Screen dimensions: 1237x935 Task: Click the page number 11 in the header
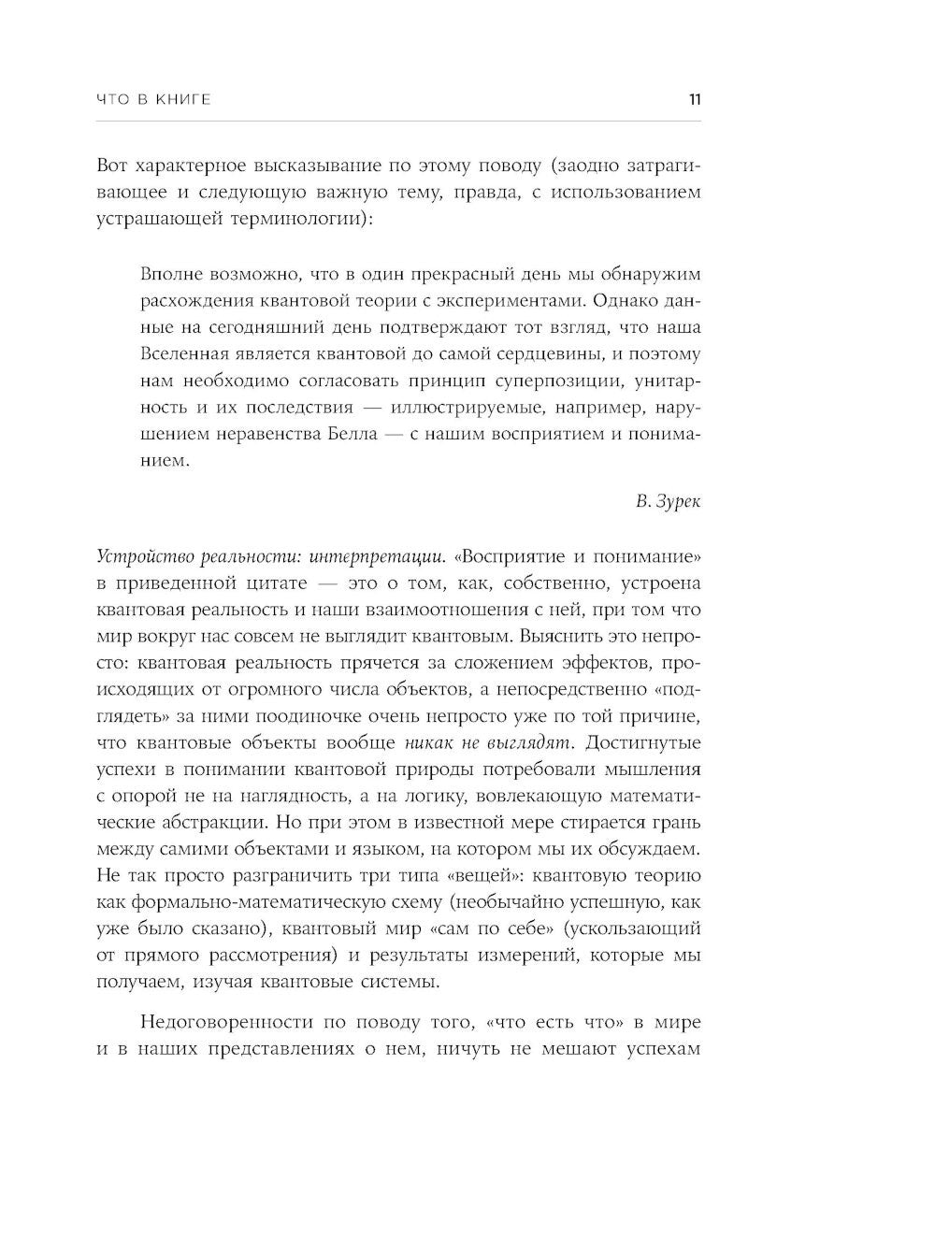694,100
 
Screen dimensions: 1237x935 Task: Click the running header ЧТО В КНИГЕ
154,100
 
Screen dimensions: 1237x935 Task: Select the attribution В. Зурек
668,501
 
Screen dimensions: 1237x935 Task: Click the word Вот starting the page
112,166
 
